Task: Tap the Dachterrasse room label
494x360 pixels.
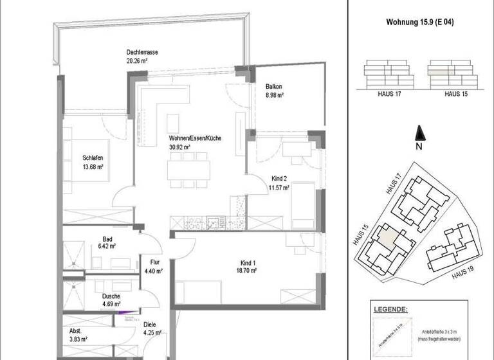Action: pyautogui.click(x=142, y=53)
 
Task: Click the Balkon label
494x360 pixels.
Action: pyautogui.click(x=274, y=87)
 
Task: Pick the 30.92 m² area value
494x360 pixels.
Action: pyautogui.click(x=179, y=147)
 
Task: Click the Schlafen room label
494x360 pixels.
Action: pyautogui.click(x=93, y=158)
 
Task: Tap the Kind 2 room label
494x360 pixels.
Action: pyautogui.click(x=279, y=180)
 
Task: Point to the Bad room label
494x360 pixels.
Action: pyautogui.click(x=89, y=239)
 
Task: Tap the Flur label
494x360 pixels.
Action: pyautogui.click(x=155, y=262)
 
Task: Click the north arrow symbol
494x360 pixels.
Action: pyautogui.click(x=419, y=133)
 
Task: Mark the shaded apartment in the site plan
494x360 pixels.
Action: pyautogui.click(x=389, y=235)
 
